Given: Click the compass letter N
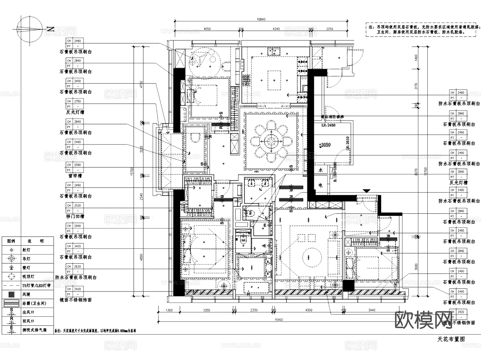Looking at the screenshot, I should pyautogui.click(x=51, y=29).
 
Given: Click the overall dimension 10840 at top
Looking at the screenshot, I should pyautogui.click(x=261, y=19).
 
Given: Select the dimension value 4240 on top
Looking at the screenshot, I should pyautogui.click(x=276, y=29).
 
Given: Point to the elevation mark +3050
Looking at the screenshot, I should pyautogui.click(x=325, y=145).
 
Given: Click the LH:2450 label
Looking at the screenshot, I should pyautogui.click(x=328, y=125).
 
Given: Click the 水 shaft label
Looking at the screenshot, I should pyautogui.click(x=321, y=170).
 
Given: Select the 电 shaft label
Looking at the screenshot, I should pyautogui.click(x=321, y=185).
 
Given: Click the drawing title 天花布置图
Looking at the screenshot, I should pyautogui.click(x=451, y=339).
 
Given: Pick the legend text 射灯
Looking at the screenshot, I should pyautogui.click(x=26, y=250).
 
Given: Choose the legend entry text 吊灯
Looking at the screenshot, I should pyautogui.click(x=26, y=259).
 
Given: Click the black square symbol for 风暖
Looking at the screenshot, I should pyautogui.click(x=11, y=295).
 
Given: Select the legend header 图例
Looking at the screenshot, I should pyautogui.click(x=11, y=241).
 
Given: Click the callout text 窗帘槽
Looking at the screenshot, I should pyautogui.click(x=75, y=176).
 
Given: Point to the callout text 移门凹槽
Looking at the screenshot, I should pyautogui.click(x=75, y=216).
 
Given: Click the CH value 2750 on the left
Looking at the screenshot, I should pyautogui.click(x=77, y=101).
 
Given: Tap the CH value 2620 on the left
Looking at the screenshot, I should pyautogui.click(x=77, y=266).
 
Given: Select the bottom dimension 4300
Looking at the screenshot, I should pyautogui.click(x=309, y=310).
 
